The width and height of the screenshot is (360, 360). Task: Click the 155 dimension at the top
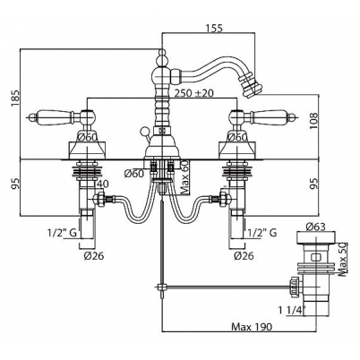click(213, 28)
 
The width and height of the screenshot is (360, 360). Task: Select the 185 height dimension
click(15, 98)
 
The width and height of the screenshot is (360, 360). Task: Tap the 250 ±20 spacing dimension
click(194, 93)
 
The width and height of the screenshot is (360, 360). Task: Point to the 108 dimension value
click(313, 122)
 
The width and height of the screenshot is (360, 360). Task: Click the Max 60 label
click(185, 176)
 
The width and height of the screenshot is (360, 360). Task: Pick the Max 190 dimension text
click(252, 327)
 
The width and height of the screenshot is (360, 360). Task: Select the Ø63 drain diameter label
click(315, 227)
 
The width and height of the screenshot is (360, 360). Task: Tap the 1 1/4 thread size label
click(293, 311)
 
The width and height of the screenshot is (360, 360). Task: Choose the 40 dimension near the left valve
click(102, 184)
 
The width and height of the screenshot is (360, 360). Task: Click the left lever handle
click(63, 116)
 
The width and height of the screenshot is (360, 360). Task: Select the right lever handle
click(261, 116)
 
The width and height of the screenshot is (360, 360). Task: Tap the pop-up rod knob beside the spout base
click(144, 131)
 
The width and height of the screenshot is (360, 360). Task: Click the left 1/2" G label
click(63, 232)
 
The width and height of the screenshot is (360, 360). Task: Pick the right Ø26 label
click(244, 256)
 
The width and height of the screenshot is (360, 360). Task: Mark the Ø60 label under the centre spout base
click(134, 174)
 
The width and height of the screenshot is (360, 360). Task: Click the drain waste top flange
click(316, 237)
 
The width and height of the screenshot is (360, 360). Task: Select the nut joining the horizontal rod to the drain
click(294, 287)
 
